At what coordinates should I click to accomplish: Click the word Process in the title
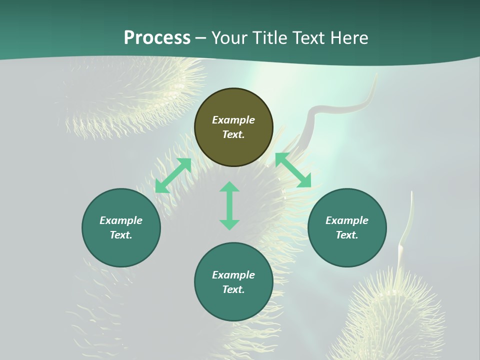157,38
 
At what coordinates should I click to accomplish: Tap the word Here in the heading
350,38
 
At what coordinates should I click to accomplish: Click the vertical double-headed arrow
229,205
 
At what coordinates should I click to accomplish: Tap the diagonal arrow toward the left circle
173,175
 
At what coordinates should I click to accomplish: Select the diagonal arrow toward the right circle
293,170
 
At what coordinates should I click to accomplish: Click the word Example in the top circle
233,120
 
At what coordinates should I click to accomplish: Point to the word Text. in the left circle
121,235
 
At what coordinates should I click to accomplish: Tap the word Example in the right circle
347,220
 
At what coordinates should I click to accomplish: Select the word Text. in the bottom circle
233,289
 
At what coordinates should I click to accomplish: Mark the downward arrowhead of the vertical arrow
229,224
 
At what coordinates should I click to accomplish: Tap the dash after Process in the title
201,38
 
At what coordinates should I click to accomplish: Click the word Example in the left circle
121,220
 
